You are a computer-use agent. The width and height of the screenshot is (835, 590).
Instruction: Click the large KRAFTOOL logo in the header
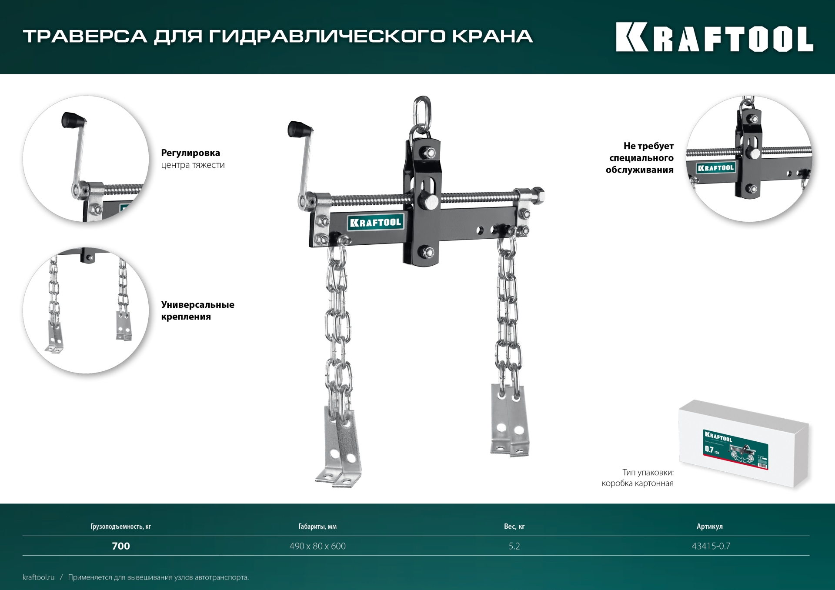point(715,37)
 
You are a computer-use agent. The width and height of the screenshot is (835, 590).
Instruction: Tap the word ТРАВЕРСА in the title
point(85,37)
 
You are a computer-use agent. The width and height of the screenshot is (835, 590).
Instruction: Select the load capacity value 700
point(121,546)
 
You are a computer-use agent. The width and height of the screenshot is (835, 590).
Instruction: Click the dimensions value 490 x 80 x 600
point(317,546)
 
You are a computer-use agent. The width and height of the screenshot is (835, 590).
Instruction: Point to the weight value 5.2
point(514,546)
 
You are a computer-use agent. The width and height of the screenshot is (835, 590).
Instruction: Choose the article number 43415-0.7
point(711,546)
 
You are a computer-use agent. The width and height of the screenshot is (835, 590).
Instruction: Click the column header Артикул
point(709,527)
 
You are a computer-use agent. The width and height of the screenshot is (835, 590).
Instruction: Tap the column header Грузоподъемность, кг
point(120,527)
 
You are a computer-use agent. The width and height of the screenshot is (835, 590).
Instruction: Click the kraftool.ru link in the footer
point(39,577)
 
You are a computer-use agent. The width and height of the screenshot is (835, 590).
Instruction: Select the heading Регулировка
point(190,153)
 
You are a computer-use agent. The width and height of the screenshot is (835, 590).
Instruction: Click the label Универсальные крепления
point(197,310)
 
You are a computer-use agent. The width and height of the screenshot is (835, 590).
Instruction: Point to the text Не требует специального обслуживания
point(640,158)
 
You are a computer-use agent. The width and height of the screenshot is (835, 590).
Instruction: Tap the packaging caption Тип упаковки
point(648,473)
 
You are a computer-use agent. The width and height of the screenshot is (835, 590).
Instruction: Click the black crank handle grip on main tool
point(299,129)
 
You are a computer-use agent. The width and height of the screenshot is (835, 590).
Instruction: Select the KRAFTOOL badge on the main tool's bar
point(375,223)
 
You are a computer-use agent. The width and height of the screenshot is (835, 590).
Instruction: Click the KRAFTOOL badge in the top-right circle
point(715,168)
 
